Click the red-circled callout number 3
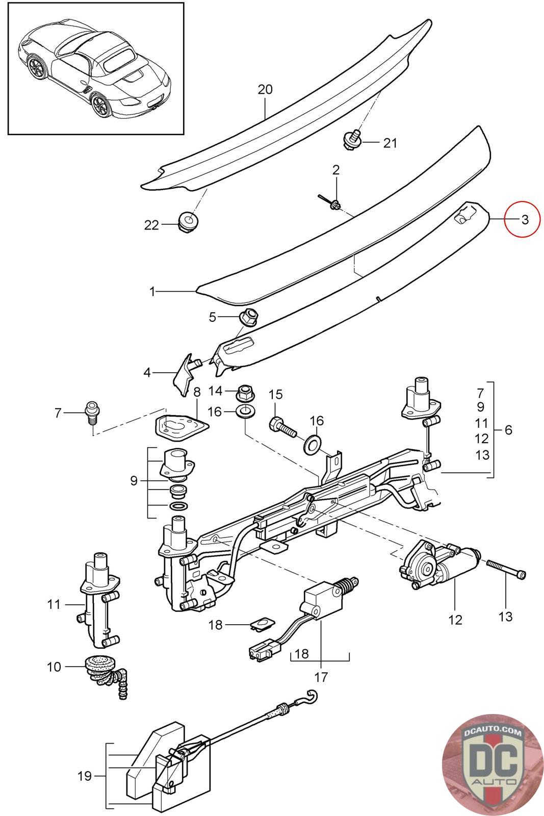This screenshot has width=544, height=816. point(525,220)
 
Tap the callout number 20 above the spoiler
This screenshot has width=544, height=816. point(265,90)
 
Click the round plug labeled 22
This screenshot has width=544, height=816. point(190,222)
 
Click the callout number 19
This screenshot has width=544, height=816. point(84,776)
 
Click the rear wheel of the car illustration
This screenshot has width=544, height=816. point(101,105)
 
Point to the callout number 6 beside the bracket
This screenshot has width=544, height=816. point(508,430)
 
